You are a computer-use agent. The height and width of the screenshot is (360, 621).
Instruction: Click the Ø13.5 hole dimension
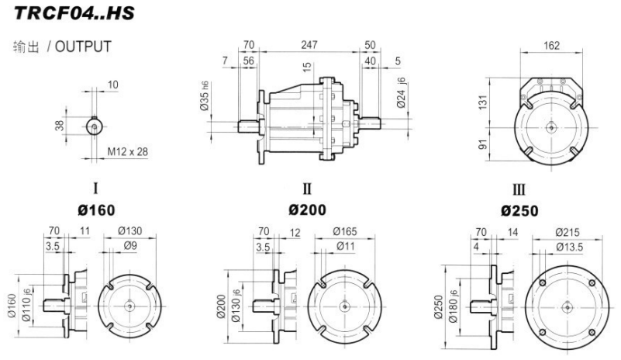point(572,246)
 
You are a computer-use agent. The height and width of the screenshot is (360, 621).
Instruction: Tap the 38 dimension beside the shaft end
point(60,125)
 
